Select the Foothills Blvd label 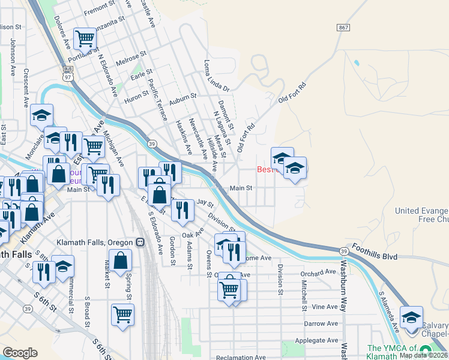(x=376, y=256)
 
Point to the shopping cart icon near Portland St (x=85, y=39)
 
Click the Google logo (x=20, y=353)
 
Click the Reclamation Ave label (x=241, y=358)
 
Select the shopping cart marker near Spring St (x=122, y=314)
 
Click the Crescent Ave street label (x=26, y=87)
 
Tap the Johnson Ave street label (x=13, y=57)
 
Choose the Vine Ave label (x=325, y=307)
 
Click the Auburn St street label (x=183, y=96)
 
